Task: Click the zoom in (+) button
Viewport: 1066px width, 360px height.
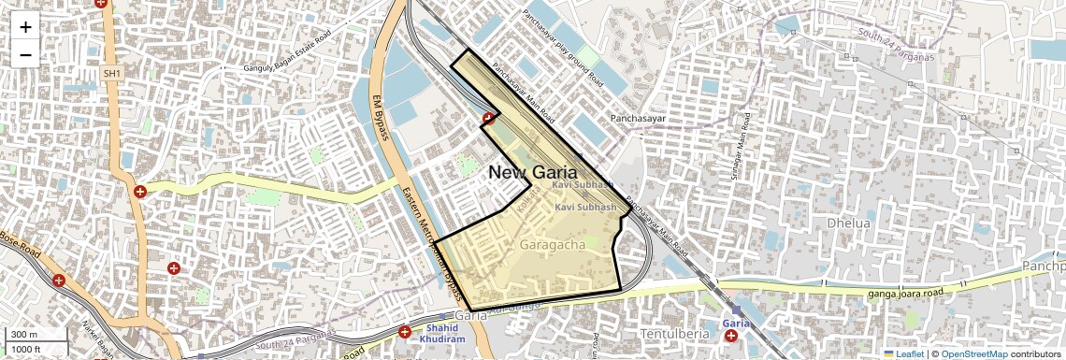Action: point(25,27)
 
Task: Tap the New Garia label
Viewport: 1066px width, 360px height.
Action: point(532,172)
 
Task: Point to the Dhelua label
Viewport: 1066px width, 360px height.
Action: point(848,223)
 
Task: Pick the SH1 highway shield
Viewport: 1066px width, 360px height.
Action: point(112,73)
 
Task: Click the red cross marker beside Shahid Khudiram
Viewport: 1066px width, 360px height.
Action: point(406,332)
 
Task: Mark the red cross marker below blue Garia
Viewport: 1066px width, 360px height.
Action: point(730,336)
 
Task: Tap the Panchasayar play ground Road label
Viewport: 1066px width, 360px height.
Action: point(562,50)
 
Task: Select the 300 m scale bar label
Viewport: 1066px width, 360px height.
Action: point(24,335)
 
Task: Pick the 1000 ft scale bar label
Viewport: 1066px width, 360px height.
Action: point(27,349)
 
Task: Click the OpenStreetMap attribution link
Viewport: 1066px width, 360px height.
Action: point(973,354)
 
